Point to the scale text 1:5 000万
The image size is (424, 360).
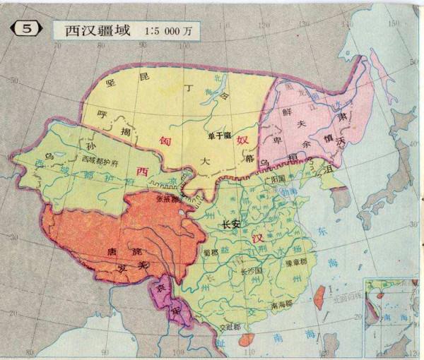click(170, 31)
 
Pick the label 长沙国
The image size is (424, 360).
click(251, 271)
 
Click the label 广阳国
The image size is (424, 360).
click(273, 179)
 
